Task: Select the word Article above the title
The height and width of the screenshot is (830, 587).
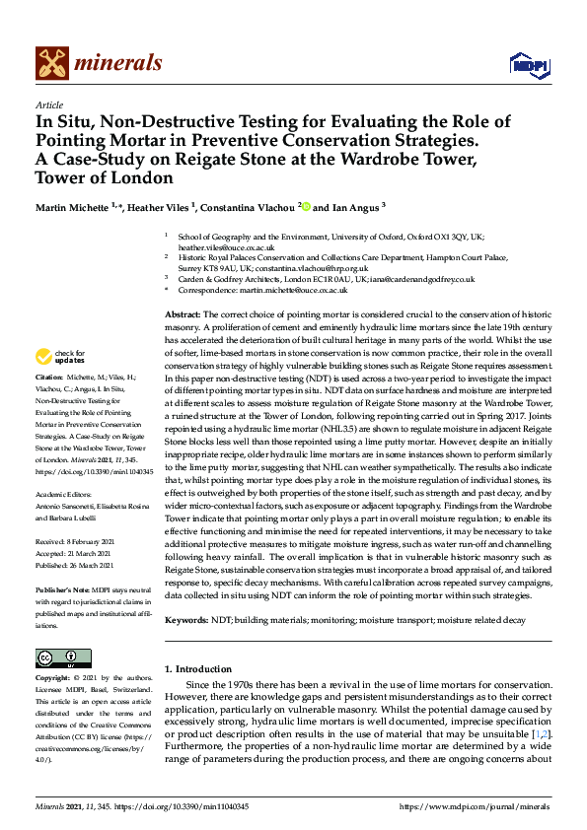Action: pos(48,104)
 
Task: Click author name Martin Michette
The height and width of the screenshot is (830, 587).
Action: pos(73,208)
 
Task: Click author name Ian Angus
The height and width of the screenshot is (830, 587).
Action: pos(352,208)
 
